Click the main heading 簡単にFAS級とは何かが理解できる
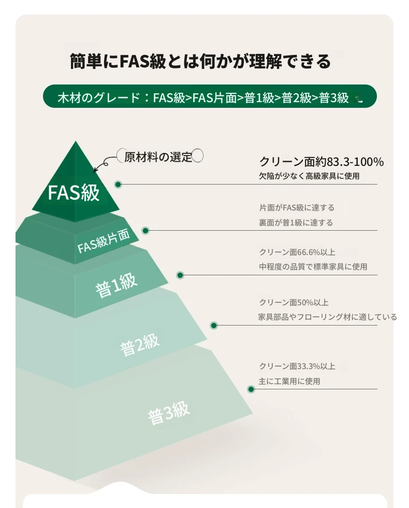[x=200, y=61]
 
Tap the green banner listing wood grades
[x=210, y=96]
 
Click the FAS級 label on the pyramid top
[x=74, y=192]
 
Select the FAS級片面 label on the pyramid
[x=104, y=241]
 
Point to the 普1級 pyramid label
[x=116, y=285]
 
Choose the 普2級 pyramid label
[x=140, y=344]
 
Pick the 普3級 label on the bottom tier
[x=169, y=413]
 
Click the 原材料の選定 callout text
[x=158, y=157]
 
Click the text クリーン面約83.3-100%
[x=322, y=161]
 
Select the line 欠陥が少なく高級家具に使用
[x=309, y=176]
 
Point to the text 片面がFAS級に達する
[x=297, y=207]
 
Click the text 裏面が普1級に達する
[x=296, y=222]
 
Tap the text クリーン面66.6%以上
[x=297, y=252]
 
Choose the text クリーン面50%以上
[x=294, y=302]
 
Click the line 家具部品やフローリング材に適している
[x=327, y=317]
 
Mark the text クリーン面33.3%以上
[x=297, y=366]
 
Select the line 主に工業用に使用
[x=289, y=381]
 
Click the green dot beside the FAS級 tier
[x=118, y=185]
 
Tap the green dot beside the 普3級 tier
[x=251, y=389]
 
